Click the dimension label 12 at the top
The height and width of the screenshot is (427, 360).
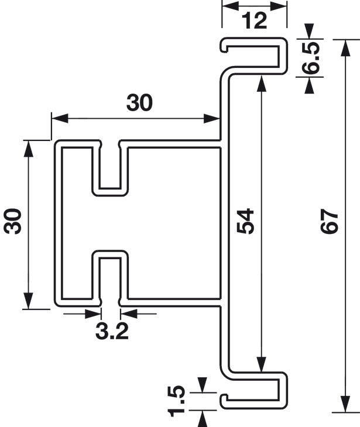coord(254,20)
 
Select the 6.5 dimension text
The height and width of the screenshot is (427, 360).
coord(311,58)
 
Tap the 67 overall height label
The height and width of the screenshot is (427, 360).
coord(329,221)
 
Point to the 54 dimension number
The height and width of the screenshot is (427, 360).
coord(245,221)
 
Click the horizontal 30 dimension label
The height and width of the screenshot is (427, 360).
coord(139,103)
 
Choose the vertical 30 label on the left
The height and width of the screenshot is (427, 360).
coord(12,221)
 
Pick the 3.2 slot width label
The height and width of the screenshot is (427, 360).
coord(112,332)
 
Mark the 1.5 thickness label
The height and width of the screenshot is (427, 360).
coord(177,401)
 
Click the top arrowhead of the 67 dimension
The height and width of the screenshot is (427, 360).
coord(345,47)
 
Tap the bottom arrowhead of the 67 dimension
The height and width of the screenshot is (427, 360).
coord(345,404)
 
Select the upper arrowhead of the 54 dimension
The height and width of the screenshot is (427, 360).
coord(262,84)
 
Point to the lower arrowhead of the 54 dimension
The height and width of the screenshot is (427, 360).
coord(262,364)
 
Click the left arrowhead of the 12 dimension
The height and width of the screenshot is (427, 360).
coord(231,6)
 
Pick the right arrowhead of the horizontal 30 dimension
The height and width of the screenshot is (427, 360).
coord(212,119)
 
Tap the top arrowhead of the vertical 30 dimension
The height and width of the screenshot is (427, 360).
coord(28,149)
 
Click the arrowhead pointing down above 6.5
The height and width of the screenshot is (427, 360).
coord(309,32)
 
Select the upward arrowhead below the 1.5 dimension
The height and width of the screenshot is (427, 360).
coord(202,419)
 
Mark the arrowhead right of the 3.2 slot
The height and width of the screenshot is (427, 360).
coord(129,314)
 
